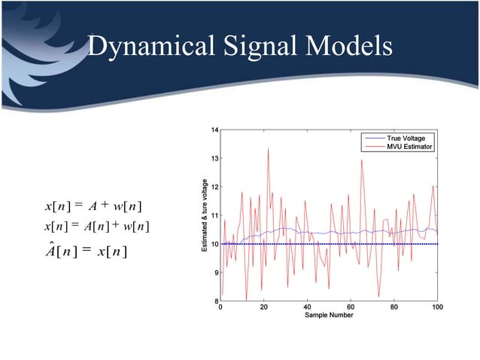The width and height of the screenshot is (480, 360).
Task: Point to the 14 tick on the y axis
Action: point(214,130)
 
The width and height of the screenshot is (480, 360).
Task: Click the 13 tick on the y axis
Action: point(214,159)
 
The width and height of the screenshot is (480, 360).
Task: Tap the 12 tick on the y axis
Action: point(214,188)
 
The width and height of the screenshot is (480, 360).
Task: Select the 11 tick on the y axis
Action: point(214,216)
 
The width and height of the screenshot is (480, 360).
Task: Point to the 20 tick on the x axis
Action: point(263,307)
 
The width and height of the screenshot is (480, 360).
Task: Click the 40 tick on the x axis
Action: point(307,307)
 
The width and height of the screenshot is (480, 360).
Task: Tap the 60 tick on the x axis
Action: point(351,307)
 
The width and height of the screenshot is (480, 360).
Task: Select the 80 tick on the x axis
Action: point(393,307)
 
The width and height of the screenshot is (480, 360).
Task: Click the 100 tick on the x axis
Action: point(437,307)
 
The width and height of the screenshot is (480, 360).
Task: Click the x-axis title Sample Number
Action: point(329,316)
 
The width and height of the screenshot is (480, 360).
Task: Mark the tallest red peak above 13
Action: point(268,149)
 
